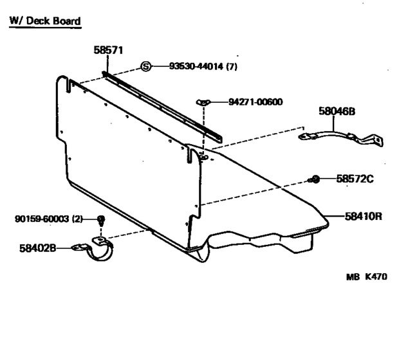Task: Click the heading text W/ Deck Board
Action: click(x=45, y=21)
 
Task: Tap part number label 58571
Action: click(x=108, y=50)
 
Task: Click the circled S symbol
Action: click(x=146, y=67)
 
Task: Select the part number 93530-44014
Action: click(x=196, y=67)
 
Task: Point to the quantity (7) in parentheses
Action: click(x=232, y=67)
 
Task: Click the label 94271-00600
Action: click(x=255, y=102)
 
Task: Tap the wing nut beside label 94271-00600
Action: click(x=203, y=102)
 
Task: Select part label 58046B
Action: click(x=337, y=111)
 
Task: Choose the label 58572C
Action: click(x=355, y=179)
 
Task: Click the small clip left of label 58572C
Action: click(x=314, y=179)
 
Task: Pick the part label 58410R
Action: click(x=364, y=217)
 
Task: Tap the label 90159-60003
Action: click(x=42, y=219)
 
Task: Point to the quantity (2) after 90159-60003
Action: click(x=77, y=219)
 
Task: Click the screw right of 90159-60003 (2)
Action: click(x=101, y=221)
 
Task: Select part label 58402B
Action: click(x=38, y=248)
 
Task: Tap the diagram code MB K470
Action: click(x=367, y=276)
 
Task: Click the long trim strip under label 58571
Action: click(x=162, y=107)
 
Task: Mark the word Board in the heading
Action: click(x=67, y=21)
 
